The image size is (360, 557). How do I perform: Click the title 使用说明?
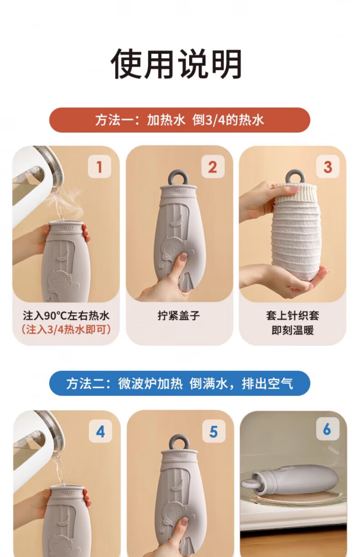click(176, 64)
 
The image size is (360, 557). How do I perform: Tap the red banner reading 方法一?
click(180, 120)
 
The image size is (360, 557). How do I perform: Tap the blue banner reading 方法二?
click(180, 383)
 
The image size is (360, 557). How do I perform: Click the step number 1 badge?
click(99, 167)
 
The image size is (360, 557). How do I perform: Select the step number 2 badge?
click(213, 167)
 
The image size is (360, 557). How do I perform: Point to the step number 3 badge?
click(328, 167)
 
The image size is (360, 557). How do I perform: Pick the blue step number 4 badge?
click(101, 432)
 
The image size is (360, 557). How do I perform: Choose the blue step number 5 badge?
click(214, 432)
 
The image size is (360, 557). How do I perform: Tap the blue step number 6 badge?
click(328, 429)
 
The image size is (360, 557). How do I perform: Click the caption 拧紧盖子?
click(179, 316)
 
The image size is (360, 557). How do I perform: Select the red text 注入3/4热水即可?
click(66, 329)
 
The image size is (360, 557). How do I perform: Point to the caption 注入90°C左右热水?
click(66, 316)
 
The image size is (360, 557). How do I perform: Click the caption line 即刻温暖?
click(293, 330)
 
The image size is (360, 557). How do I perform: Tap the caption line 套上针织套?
click(293, 316)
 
